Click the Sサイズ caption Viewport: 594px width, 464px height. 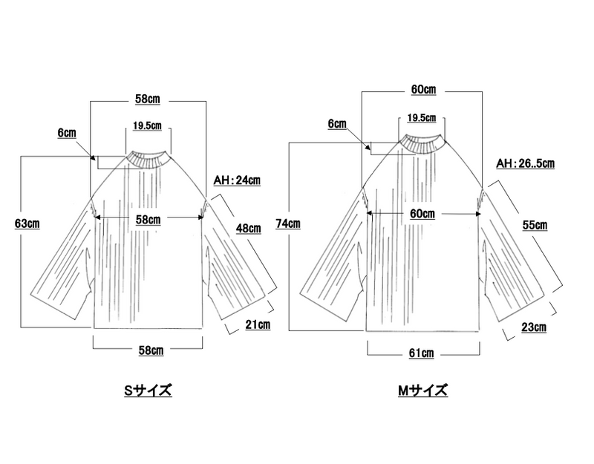pos(148,391)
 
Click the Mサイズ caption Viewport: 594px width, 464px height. pos(422,391)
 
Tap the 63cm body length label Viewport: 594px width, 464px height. pos(27,224)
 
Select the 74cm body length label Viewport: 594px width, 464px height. pos(288,224)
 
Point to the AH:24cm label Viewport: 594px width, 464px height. pos(237,180)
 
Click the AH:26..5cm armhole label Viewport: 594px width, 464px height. pos(526,163)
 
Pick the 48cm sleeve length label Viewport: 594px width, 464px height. pos(249,229)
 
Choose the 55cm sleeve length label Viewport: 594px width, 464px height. pos(535,225)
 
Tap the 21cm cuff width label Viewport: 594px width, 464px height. pos(258,324)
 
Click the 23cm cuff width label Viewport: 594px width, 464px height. pos(534,327)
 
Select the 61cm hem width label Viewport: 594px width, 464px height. pos(421,353)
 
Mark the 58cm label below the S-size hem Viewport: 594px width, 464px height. pos(151,350)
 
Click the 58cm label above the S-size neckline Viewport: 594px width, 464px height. pos(148,99)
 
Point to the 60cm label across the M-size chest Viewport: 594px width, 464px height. pos(422,214)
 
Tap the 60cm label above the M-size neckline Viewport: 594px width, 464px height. pos(423,89)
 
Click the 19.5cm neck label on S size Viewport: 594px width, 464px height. pos(147,125)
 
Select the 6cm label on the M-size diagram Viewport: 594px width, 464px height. pos(337,124)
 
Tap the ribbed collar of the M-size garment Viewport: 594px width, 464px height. pos(422,144)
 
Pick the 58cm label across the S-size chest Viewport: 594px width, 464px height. pos(148,220)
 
